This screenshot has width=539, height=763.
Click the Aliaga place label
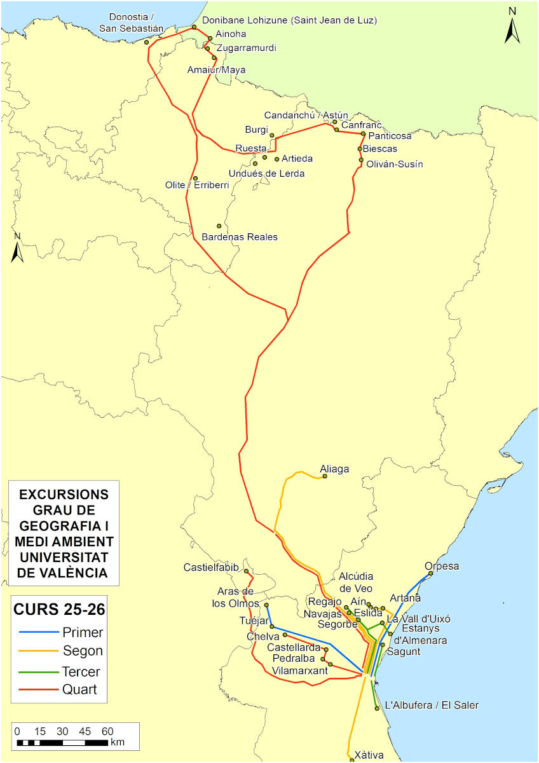click(335, 469)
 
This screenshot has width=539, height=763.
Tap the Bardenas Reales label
click(239, 237)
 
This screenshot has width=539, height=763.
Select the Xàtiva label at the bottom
click(369, 755)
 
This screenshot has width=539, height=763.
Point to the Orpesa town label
click(441, 566)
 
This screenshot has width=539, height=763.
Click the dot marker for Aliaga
click(325, 476)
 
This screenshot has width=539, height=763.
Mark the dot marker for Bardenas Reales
click(219, 226)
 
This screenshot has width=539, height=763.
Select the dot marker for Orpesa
click(430, 574)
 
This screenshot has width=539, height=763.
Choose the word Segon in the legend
click(83, 651)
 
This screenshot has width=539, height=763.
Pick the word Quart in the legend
click(79, 689)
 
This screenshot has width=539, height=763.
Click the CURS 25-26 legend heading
click(59, 609)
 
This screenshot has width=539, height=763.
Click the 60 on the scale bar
click(107, 730)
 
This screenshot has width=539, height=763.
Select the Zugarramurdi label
click(247, 48)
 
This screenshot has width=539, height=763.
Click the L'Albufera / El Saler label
click(432, 705)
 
